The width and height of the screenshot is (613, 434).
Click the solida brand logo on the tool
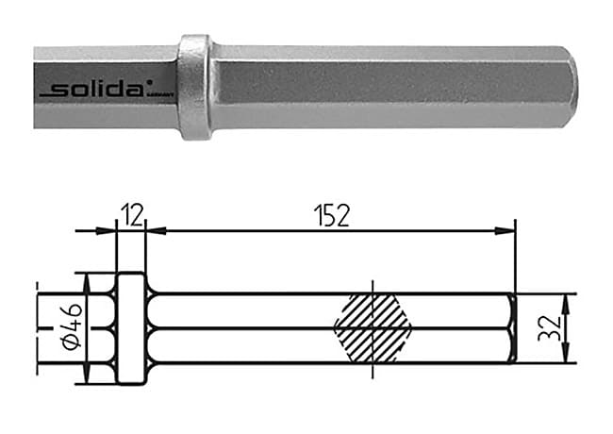[94, 90]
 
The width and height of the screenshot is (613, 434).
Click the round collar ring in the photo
[194, 87]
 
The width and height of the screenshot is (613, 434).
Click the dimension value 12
[131, 215]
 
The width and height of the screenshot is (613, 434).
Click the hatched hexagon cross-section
[373, 327]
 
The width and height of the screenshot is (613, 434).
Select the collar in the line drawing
[131, 328]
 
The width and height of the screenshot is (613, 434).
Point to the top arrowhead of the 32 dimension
[566, 299]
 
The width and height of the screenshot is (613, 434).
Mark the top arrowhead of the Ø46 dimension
[87, 280]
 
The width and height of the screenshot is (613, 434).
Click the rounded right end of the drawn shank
[512, 328]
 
